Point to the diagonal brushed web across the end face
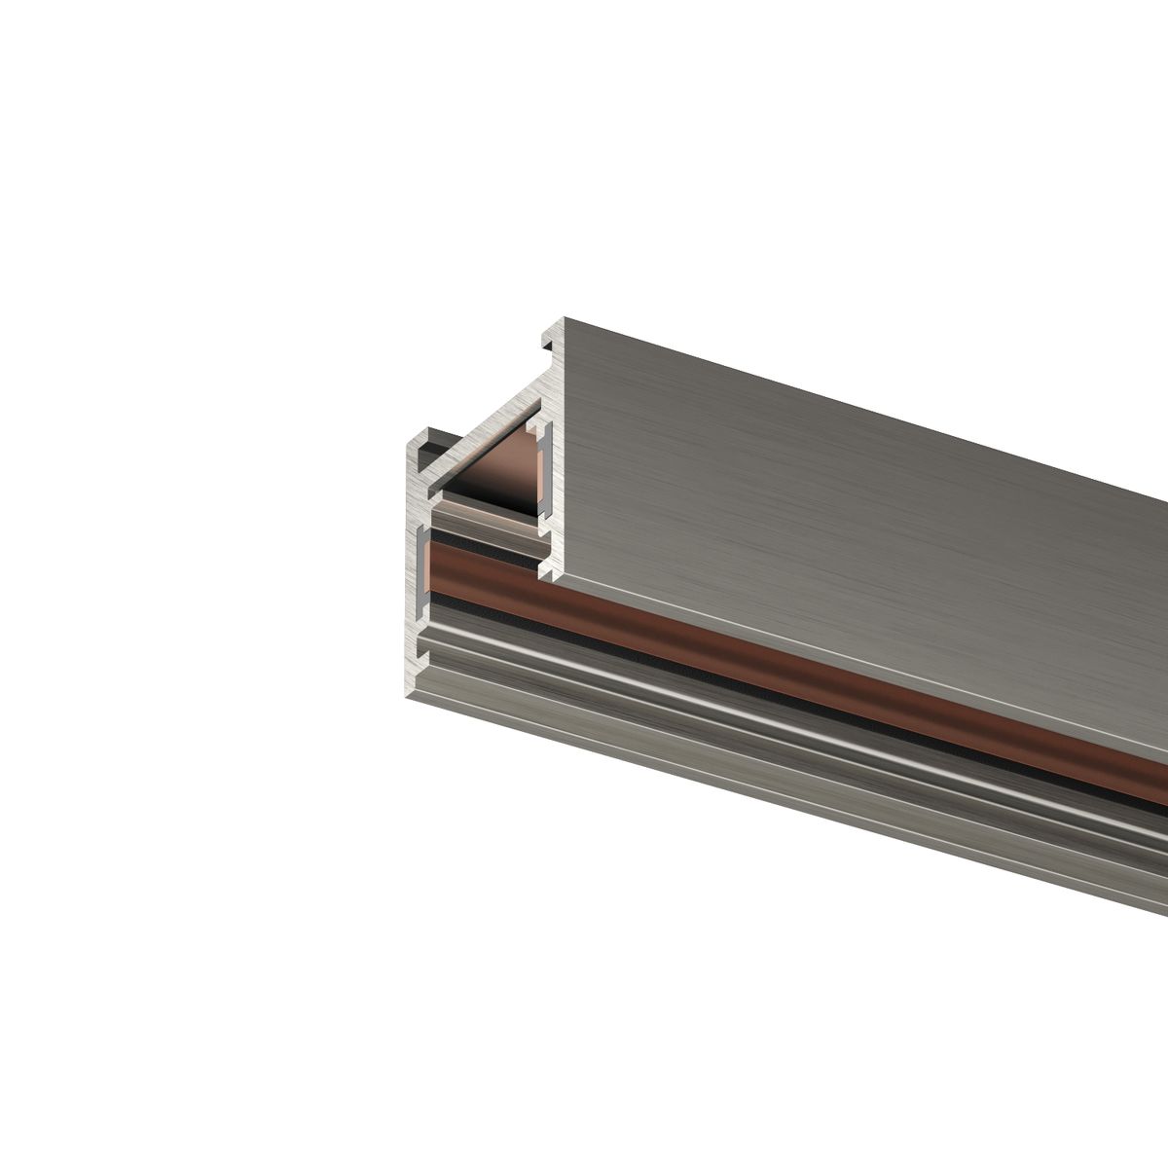click(x=487, y=428)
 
